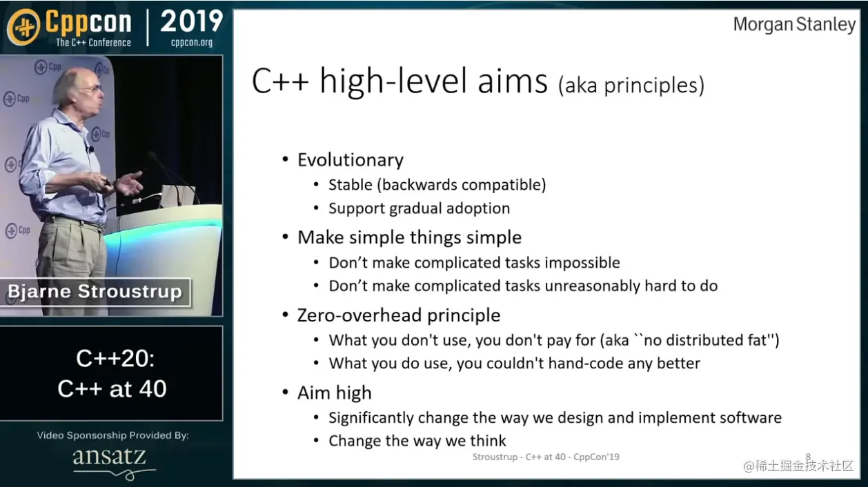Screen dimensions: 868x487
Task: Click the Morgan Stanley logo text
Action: pyautogui.click(x=794, y=25)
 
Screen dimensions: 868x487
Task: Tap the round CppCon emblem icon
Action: pyautogui.click(x=24, y=27)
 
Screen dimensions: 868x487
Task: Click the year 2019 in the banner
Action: pyautogui.click(x=191, y=21)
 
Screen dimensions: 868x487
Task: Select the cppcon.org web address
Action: pyautogui.click(x=192, y=42)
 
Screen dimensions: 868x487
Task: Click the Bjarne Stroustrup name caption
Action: pyautogui.click(x=95, y=292)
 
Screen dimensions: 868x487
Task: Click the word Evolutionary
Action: pyautogui.click(x=351, y=160)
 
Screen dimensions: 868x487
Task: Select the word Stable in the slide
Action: pyautogui.click(x=351, y=185)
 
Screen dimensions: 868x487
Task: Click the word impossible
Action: pyautogui.click(x=582, y=263)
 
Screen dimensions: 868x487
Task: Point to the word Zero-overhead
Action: pyautogui.click(x=359, y=315)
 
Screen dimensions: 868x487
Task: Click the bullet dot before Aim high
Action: pyautogui.click(x=286, y=392)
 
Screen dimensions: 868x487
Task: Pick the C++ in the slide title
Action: pyautogui.click(x=280, y=82)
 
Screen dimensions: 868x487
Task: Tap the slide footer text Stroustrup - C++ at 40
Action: pyautogui.click(x=520, y=457)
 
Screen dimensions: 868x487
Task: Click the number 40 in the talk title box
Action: pyautogui.click(x=152, y=389)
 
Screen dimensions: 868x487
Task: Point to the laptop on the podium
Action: pyautogui.click(x=178, y=196)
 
